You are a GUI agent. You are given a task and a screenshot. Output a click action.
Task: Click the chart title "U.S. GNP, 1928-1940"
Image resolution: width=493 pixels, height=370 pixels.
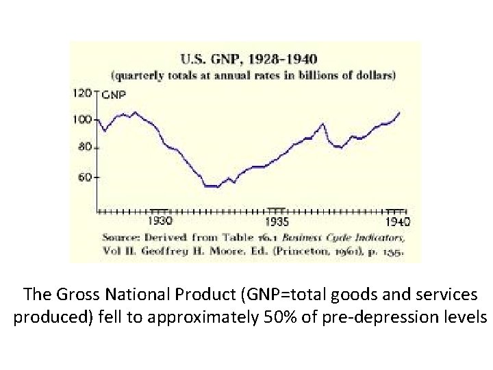pyautogui.click(x=253, y=60)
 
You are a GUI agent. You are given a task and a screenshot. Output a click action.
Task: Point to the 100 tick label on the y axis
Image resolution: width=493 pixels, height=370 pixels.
pyautogui.click(x=82, y=120)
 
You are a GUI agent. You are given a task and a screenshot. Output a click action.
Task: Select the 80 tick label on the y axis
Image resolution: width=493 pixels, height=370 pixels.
pyautogui.click(x=85, y=147)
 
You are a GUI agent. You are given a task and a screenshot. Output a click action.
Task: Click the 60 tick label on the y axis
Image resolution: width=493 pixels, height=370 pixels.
pyautogui.click(x=85, y=177)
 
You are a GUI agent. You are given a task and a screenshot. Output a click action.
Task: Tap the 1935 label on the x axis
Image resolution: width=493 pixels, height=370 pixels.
pyautogui.click(x=277, y=221)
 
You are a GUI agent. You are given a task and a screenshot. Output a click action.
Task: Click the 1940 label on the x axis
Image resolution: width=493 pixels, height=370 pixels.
pyautogui.click(x=397, y=221)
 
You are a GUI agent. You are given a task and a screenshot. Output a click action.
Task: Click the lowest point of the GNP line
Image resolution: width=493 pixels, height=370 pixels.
pyautogui.click(x=212, y=186)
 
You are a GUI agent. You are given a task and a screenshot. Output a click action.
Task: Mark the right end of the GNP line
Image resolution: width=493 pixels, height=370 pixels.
pyautogui.click(x=400, y=112)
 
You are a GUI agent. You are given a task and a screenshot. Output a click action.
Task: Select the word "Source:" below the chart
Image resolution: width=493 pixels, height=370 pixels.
pyautogui.click(x=123, y=236)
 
